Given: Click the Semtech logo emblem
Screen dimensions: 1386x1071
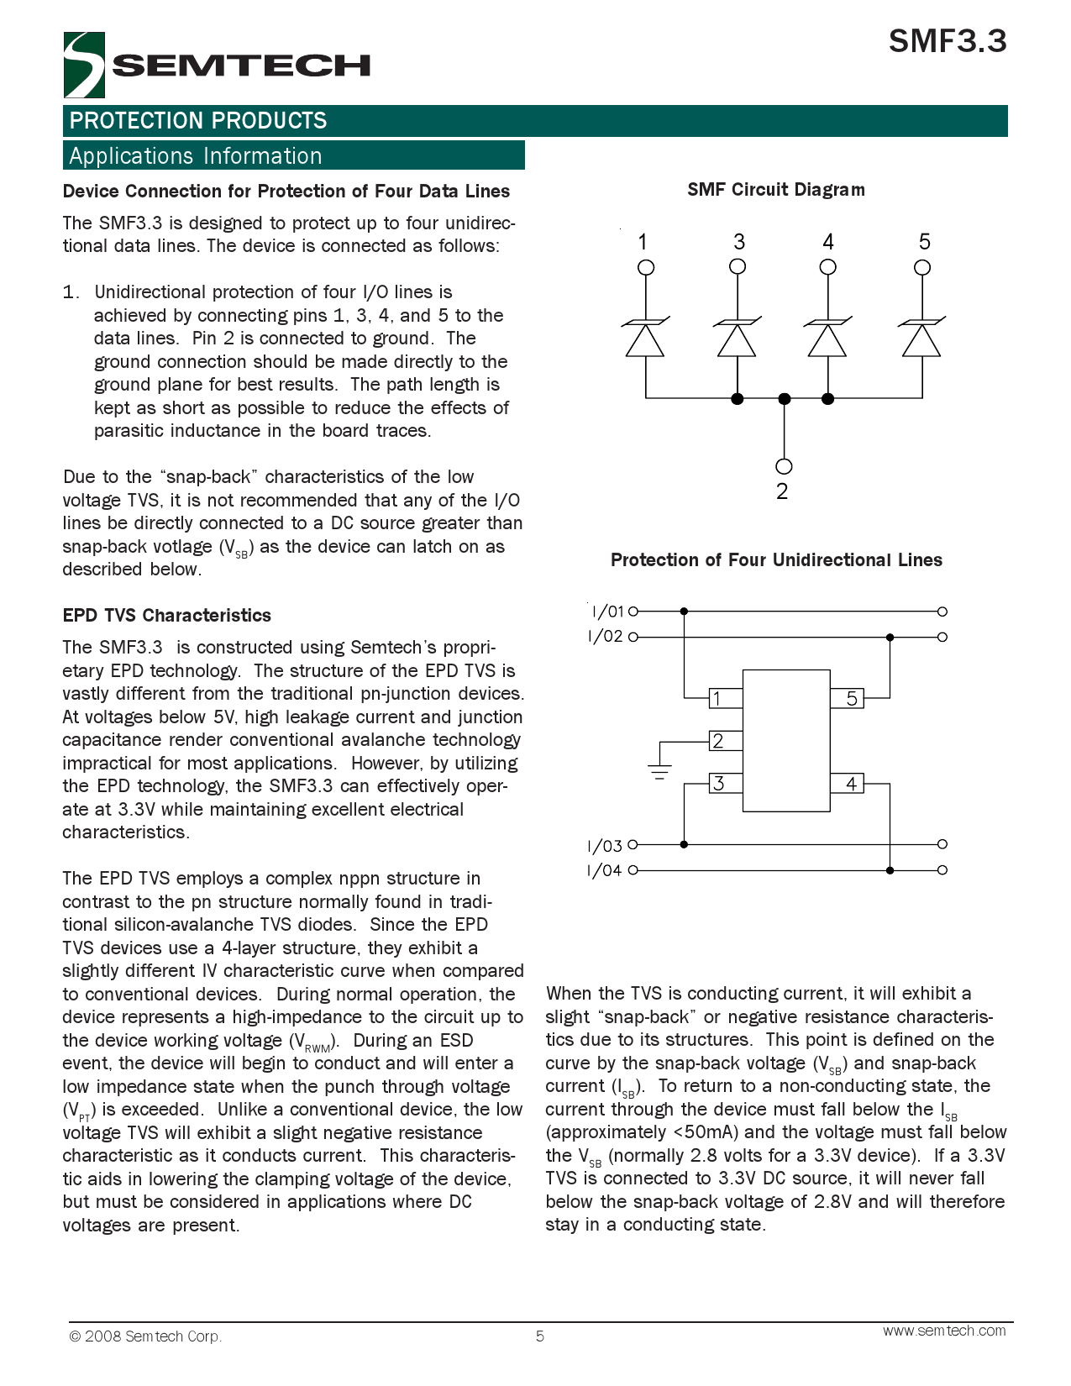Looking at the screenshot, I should click(83, 65).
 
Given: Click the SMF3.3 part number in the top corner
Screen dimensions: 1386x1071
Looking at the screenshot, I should click(947, 41).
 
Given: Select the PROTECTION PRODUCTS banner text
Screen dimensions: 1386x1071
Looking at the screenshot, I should click(198, 121).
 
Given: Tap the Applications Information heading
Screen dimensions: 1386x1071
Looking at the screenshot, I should click(196, 156).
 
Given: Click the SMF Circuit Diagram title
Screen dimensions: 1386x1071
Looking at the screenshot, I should click(775, 190).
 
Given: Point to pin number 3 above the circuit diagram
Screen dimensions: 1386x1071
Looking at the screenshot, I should click(738, 242).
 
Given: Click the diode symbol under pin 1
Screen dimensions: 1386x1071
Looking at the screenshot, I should click(645, 338).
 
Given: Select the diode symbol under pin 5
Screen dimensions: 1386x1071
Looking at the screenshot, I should click(921, 338).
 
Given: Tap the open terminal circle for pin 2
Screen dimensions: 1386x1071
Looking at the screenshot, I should click(784, 466).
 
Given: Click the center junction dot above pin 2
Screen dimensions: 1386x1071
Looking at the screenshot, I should click(784, 399).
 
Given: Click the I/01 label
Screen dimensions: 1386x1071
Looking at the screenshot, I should click(607, 612).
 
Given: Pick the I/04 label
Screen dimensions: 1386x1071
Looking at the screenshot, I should click(605, 870).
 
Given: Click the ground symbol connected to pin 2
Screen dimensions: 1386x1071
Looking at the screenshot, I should click(659, 771).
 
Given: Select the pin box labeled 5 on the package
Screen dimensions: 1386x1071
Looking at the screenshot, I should click(848, 698).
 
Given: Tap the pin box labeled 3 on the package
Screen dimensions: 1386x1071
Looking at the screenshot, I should click(726, 784).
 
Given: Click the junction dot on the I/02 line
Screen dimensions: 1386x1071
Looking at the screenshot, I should click(890, 637).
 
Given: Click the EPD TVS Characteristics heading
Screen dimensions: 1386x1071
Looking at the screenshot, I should click(166, 616).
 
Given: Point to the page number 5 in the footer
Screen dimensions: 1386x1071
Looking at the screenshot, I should click(539, 1336).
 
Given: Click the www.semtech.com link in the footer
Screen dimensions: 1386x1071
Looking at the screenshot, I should click(943, 1331).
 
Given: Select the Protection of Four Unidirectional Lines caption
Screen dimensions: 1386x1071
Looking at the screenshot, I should click(775, 560).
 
